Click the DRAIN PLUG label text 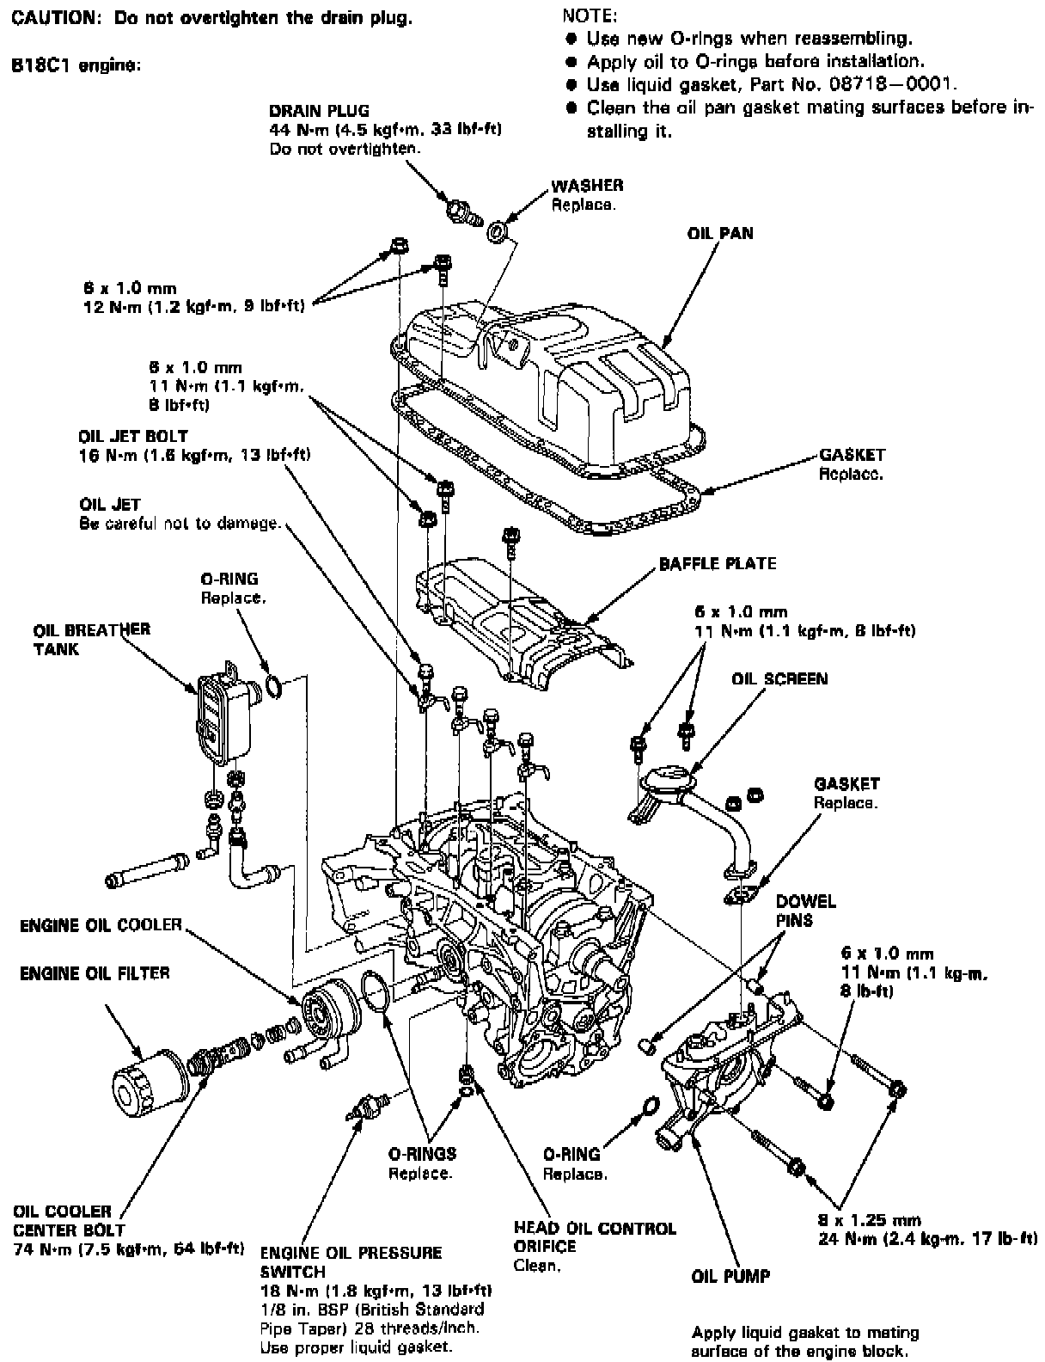(x=319, y=111)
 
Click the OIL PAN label (x=720, y=233)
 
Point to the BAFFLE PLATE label (x=718, y=564)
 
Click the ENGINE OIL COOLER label (x=101, y=925)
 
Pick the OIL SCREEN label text (x=779, y=679)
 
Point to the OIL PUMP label (x=730, y=1276)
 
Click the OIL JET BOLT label (x=133, y=437)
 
